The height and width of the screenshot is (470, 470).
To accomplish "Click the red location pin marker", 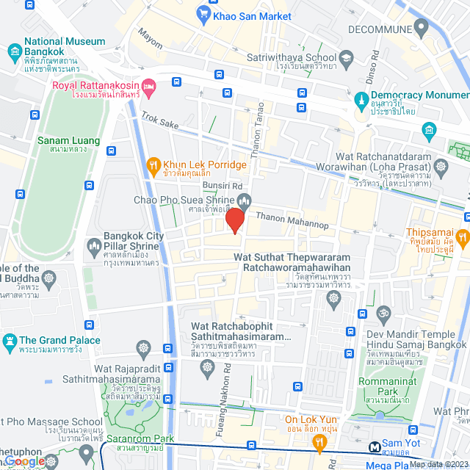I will point(235,220).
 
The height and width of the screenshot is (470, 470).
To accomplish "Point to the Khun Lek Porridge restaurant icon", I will point(153,165).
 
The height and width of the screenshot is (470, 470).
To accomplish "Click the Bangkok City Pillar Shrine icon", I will point(93,245).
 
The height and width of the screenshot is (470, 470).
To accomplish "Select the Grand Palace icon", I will point(10,341).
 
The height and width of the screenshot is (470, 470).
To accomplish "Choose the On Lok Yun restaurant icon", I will point(319,441).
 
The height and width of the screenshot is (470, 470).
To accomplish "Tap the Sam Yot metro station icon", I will point(375,445).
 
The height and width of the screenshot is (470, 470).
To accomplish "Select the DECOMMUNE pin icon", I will point(421,29).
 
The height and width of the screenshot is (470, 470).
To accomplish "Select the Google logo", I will point(25,460).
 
